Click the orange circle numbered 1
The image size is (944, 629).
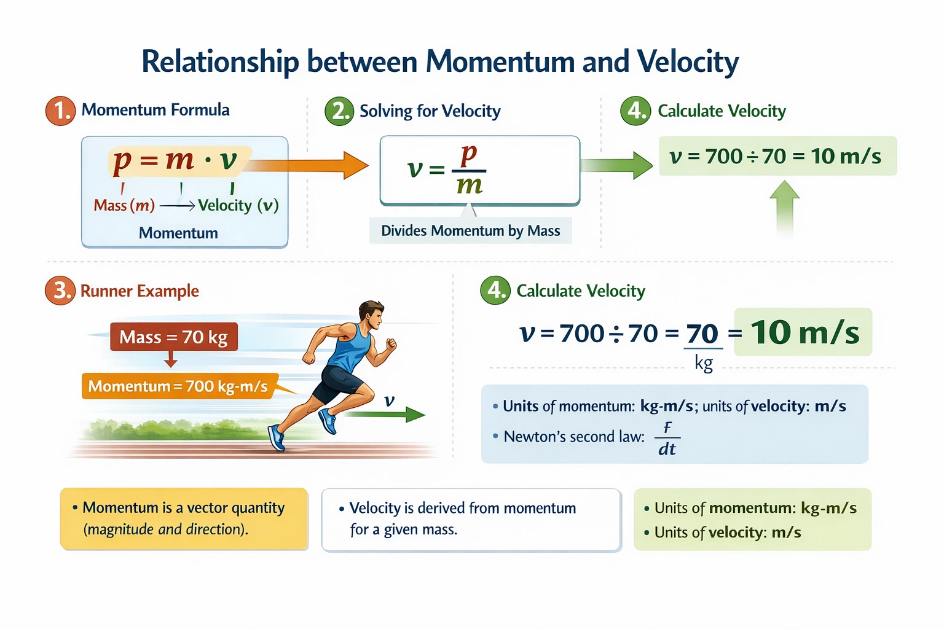pos(60,111)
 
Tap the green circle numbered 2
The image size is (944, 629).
pos(339,111)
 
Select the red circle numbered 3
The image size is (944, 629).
pos(60,291)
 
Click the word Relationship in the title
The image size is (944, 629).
pos(220,62)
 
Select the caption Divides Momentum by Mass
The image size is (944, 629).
pos(470,231)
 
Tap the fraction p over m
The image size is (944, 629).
pos(470,170)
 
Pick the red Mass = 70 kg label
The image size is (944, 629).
pos(173,337)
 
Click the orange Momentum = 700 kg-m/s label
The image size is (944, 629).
pos(178,386)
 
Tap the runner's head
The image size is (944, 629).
pos(371,314)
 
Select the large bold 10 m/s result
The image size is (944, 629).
pos(804,332)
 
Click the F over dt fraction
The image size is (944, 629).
pos(667,439)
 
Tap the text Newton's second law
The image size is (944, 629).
pos(574,437)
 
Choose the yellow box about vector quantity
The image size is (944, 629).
pos(184,518)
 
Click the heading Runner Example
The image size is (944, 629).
pos(140,291)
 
